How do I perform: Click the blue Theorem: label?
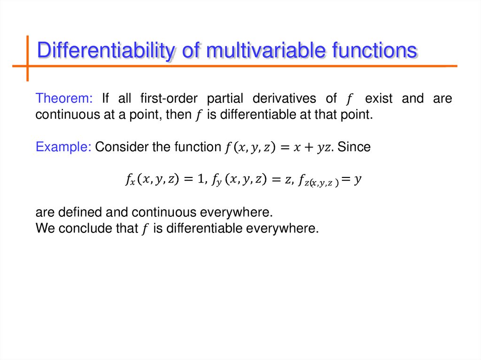tap(65, 99)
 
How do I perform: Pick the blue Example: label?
tap(63, 147)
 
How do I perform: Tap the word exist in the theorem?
tap(379, 99)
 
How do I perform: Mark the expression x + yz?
tap(314, 147)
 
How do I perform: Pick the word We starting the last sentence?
tap(45, 229)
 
